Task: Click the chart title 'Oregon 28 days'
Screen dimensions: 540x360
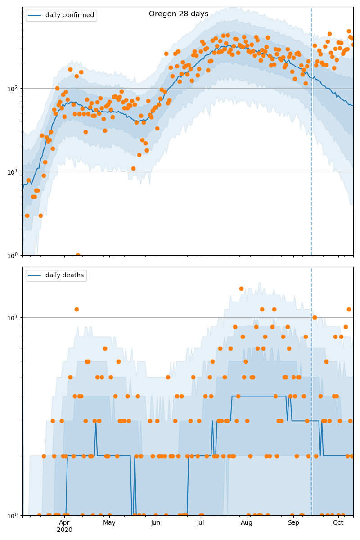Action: [x=179, y=14]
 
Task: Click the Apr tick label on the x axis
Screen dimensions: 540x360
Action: [x=64, y=522]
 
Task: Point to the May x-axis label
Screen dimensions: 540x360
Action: [x=109, y=522]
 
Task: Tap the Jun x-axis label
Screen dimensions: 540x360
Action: [x=156, y=522]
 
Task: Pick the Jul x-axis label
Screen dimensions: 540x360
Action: [x=201, y=522]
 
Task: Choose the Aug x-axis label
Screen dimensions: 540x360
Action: [x=247, y=522]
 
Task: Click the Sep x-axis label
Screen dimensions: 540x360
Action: [x=293, y=522]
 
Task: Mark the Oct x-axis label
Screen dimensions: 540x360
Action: [x=338, y=522]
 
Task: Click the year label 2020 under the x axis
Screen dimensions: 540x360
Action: [x=64, y=530]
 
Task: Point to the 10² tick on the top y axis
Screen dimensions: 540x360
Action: [x=13, y=88]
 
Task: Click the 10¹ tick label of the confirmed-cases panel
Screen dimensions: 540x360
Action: [x=13, y=172]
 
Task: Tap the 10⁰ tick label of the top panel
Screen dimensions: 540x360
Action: [x=13, y=255]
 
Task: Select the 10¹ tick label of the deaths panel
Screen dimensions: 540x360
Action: [x=13, y=317]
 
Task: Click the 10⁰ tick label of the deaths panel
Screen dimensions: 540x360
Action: [x=13, y=515]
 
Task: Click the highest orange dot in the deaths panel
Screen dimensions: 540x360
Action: [x=241, y=288]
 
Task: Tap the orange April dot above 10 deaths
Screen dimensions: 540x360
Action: [x=76, y=309]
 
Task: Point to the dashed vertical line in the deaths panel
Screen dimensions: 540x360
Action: [x=311, y=391]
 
